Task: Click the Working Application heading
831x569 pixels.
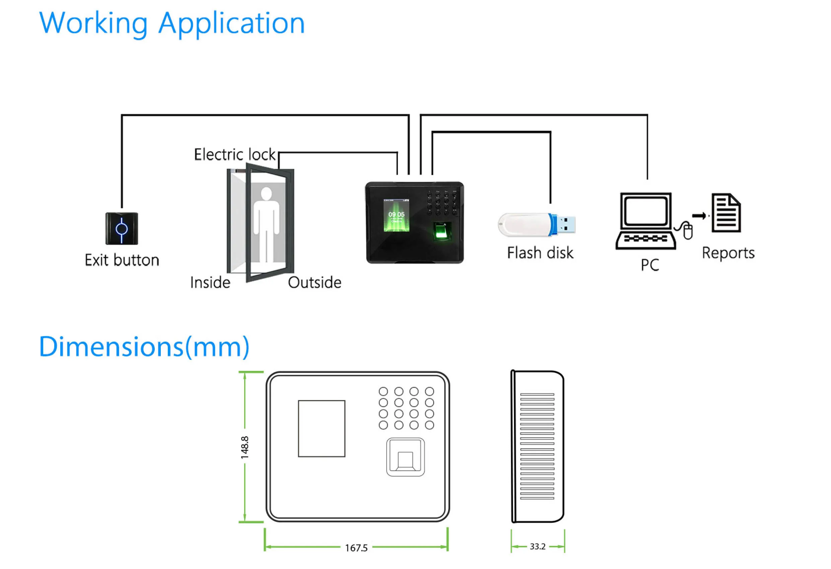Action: (171, 23)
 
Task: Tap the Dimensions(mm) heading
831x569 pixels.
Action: (144, 347)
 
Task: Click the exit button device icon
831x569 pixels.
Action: (122, 229)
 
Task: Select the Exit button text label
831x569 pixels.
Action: (122, 260)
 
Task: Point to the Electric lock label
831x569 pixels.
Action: (234, 155)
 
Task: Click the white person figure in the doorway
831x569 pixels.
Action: (266, 222)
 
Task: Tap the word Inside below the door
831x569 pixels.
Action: (210, 283)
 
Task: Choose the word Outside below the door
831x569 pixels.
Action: (315, 283)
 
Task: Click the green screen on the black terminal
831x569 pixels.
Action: (396, 215)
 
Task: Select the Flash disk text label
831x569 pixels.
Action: (540, 253)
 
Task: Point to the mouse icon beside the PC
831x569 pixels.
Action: (688, 231)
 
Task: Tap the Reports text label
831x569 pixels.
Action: (728, 253)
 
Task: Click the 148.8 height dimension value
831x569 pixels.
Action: (245, 447)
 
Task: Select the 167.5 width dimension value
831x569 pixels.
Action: (356, 548)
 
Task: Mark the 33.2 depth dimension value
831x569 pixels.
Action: (538, 547)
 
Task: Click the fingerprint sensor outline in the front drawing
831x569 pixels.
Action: (405, 457)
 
